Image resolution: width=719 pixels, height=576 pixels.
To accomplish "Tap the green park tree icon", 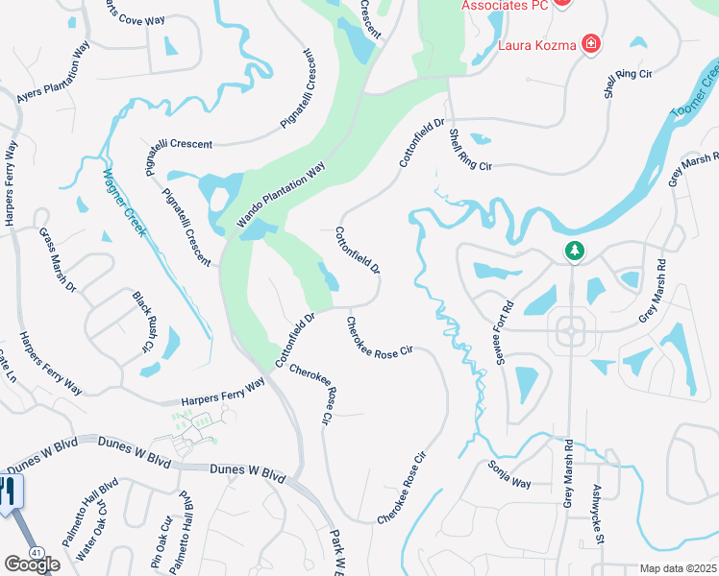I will pyautogui.click(x=575, y=251).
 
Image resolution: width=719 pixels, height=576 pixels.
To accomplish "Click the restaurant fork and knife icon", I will pyautogui.click(x=9, y=492).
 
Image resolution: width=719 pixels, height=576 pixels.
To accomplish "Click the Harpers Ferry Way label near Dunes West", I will pyautogui.click(x=222, y=394).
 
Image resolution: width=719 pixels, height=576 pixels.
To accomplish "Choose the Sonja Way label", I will pyautogui.click(x=508, y=474).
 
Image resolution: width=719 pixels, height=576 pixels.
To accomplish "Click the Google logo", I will pyautogui.click(x=31, y=564).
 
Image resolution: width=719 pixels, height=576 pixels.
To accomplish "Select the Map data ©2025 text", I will pyautogui.click(x=677, y=569).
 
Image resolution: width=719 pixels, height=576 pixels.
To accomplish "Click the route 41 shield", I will pyautogui.click(x=36, y=553).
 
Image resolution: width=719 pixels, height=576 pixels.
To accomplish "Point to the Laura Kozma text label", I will pyautogui.click(x=536, y=44).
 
